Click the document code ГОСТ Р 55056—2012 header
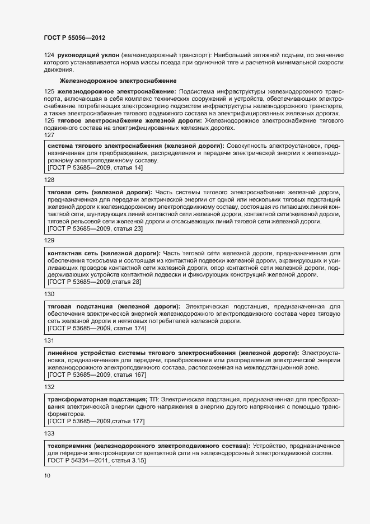(x=74, y=38)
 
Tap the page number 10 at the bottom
(x=47, y=476)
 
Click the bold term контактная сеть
(x=76, y=253)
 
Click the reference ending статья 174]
(x=97, y=328)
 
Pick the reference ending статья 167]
(x=97, y=375)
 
